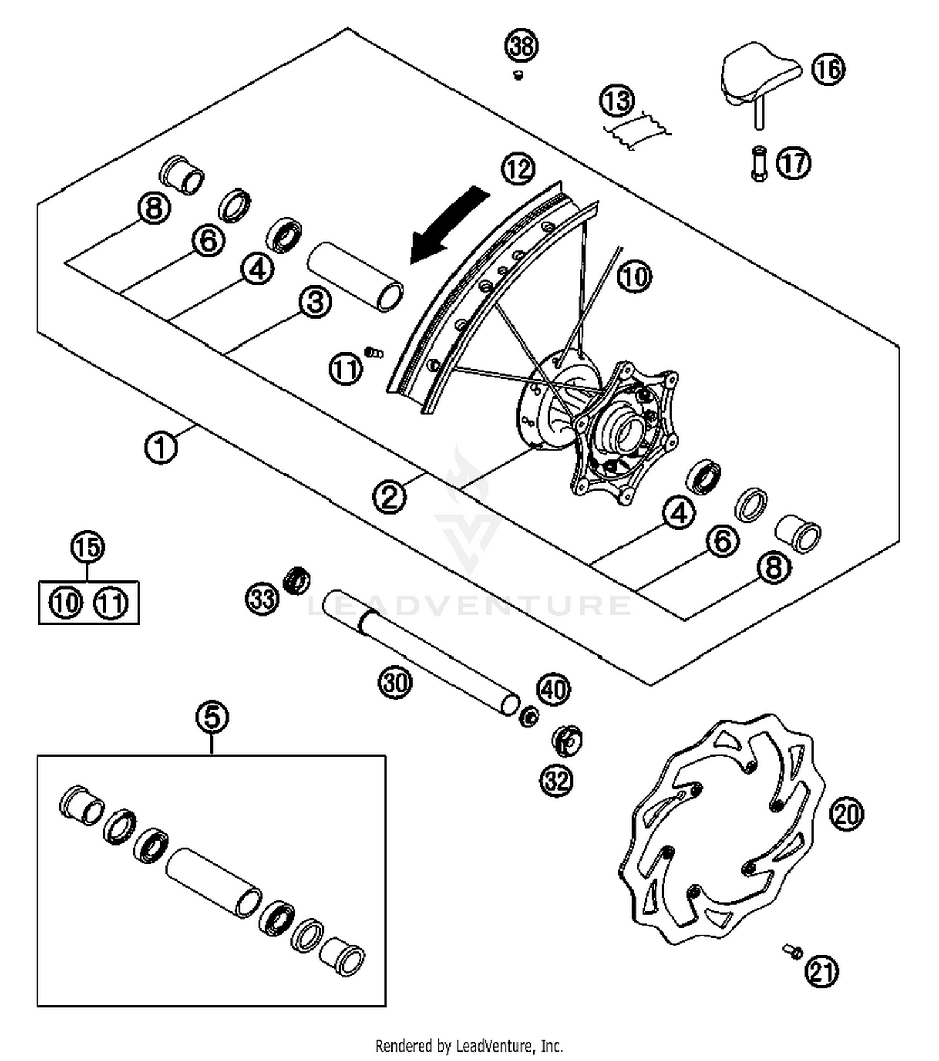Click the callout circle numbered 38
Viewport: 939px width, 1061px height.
(x=521, y=46)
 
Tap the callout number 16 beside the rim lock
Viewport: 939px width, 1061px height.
(x=828, y=69)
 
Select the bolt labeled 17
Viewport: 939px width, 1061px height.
(x=759, y=163)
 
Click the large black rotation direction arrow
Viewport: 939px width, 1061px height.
(x=448, y=225)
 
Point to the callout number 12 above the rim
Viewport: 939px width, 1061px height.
(x=518, y=169)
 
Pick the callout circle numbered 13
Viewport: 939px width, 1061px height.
(x=617, y=100)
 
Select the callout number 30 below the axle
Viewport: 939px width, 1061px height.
(x=396, y=682)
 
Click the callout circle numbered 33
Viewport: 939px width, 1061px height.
(x=262, y=598)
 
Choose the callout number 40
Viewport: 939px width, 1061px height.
(x=554, y=690)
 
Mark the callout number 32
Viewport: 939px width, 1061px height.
(x=557, y=781)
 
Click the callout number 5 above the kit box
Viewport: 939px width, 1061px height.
(x=212, y=717)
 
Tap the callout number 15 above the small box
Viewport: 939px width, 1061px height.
(x=88, y=547)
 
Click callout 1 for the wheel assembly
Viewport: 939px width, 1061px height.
(x=161, y=448)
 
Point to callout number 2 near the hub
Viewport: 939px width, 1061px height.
(x=389, y=498)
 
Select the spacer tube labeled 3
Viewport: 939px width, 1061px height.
(x=355, y=276)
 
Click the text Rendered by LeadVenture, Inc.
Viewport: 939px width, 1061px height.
(x=469, y=1045)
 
